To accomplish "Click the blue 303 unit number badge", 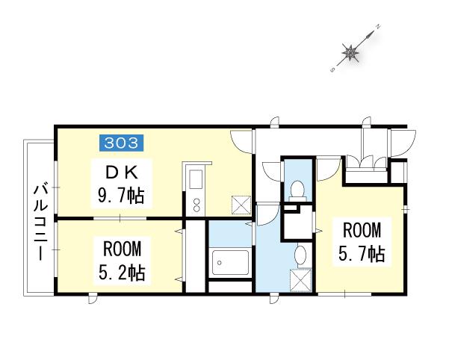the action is [x=121, y=143].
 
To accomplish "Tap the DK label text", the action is [x=122, y=173].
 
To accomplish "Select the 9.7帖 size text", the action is [x=121, y=196].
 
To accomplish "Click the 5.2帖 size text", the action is [x=122, y=273].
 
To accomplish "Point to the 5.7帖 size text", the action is [x=362, y=254].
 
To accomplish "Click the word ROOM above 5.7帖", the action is [x=362, y=231].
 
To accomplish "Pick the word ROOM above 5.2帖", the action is [x=122, y=249].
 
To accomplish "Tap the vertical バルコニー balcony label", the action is [x=40, y=223].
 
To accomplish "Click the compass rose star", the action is [x=350, y=53].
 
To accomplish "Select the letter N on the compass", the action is [x=378, y=27].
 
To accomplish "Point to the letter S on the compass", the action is [x=332, y=69].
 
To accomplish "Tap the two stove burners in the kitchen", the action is [x=196, y=205].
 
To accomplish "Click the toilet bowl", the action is [x=297, y=189].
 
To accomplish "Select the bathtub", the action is [x=230, y=262].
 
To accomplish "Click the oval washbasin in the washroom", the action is [x=300, y=253].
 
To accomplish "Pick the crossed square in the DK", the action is [x=241, y=205].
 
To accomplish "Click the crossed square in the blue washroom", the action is [x=300, y=280].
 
